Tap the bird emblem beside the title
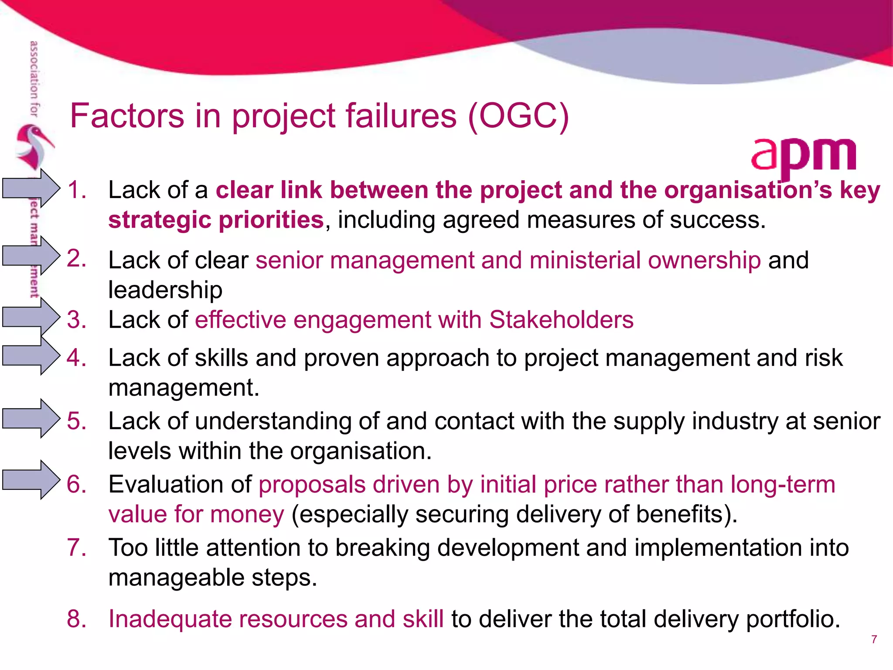tap(34, 146)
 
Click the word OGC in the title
tap(518, 116)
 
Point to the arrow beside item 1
tap(31, 188)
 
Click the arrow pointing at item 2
tap(31, 256)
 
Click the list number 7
tap(76, 547)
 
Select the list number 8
tap(76, 619)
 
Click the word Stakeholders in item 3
tap(561, 320)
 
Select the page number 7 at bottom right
tap(874, 639)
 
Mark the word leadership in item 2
tap(165, 290)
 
